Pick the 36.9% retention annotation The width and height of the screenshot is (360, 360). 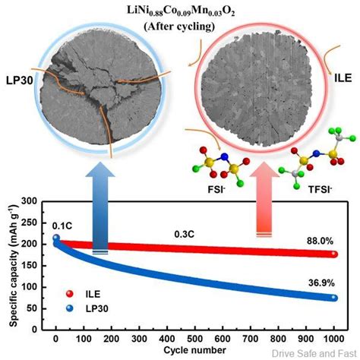pyautogui.click(x=319, y=283)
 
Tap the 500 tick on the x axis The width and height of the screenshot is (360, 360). pyautogui.click(x=193, y=336)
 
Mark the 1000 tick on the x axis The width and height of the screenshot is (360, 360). pyautogui.click(x=331, y=336)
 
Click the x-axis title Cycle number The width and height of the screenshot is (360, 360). pyautogui.click(x=193, y=350)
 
